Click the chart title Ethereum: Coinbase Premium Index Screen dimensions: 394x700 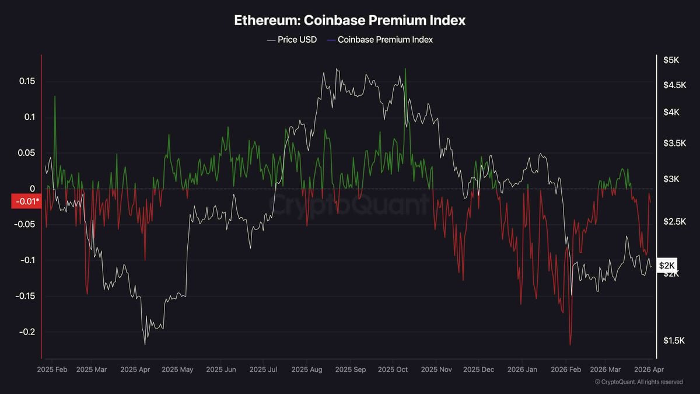click(350, 20)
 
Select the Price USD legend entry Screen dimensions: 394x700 click(292, 40)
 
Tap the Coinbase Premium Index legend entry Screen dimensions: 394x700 click(380, 40)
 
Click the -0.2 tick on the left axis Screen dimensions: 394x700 click(26, 332)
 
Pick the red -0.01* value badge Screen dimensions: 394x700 click(26, 202)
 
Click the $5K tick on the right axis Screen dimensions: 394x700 click(671, 60)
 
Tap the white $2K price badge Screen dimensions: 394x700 click(667, 266)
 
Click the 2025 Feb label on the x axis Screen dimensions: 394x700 click(52, 369)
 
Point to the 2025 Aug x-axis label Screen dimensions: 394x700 click(307, 369)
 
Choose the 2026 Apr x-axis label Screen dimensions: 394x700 click(648, 369)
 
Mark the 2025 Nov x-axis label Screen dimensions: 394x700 click(437, 369)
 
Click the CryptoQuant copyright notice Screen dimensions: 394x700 click(639, 382)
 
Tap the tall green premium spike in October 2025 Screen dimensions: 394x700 click(405, 70)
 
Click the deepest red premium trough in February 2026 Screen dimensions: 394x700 click(570, 344)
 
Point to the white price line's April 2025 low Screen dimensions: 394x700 click(145, 344)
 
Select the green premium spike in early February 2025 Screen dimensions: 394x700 click(55, 97)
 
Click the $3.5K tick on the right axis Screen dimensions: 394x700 click(674, 143)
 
